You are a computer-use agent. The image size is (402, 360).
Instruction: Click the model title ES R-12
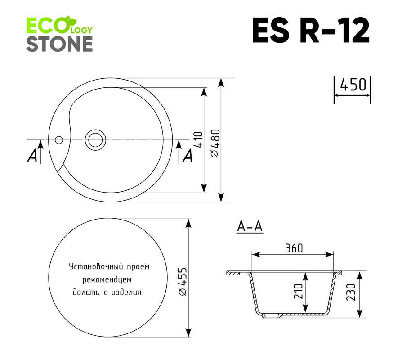(311, 30)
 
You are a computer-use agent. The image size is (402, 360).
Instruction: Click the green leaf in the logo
(70, 20)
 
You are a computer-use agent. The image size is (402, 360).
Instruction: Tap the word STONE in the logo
(59, 44)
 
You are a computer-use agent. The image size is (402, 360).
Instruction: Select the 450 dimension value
(353, 85)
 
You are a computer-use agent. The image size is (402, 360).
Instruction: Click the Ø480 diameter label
(215, 143)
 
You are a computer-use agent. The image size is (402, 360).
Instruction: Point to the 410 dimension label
(198, 139)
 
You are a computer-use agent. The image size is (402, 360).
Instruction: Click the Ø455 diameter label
(183, 282)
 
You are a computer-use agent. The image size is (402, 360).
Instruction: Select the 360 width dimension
(294, 248)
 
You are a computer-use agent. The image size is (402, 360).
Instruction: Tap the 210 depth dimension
(298, 291)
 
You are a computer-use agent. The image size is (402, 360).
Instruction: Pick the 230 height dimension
(350, 292)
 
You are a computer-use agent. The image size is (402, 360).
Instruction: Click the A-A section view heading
(250, 226)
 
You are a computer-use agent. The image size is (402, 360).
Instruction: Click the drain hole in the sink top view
(95, 140)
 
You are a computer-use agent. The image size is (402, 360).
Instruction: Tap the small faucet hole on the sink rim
(59, 140)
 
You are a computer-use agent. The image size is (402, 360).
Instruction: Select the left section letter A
(32, 156)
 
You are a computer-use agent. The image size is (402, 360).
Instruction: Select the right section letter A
(188, 156)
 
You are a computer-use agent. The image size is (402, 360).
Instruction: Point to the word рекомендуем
(107, 280)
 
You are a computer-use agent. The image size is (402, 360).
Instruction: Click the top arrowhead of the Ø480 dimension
(221, 83)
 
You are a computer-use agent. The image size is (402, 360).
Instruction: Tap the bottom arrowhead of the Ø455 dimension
(188, 332)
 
